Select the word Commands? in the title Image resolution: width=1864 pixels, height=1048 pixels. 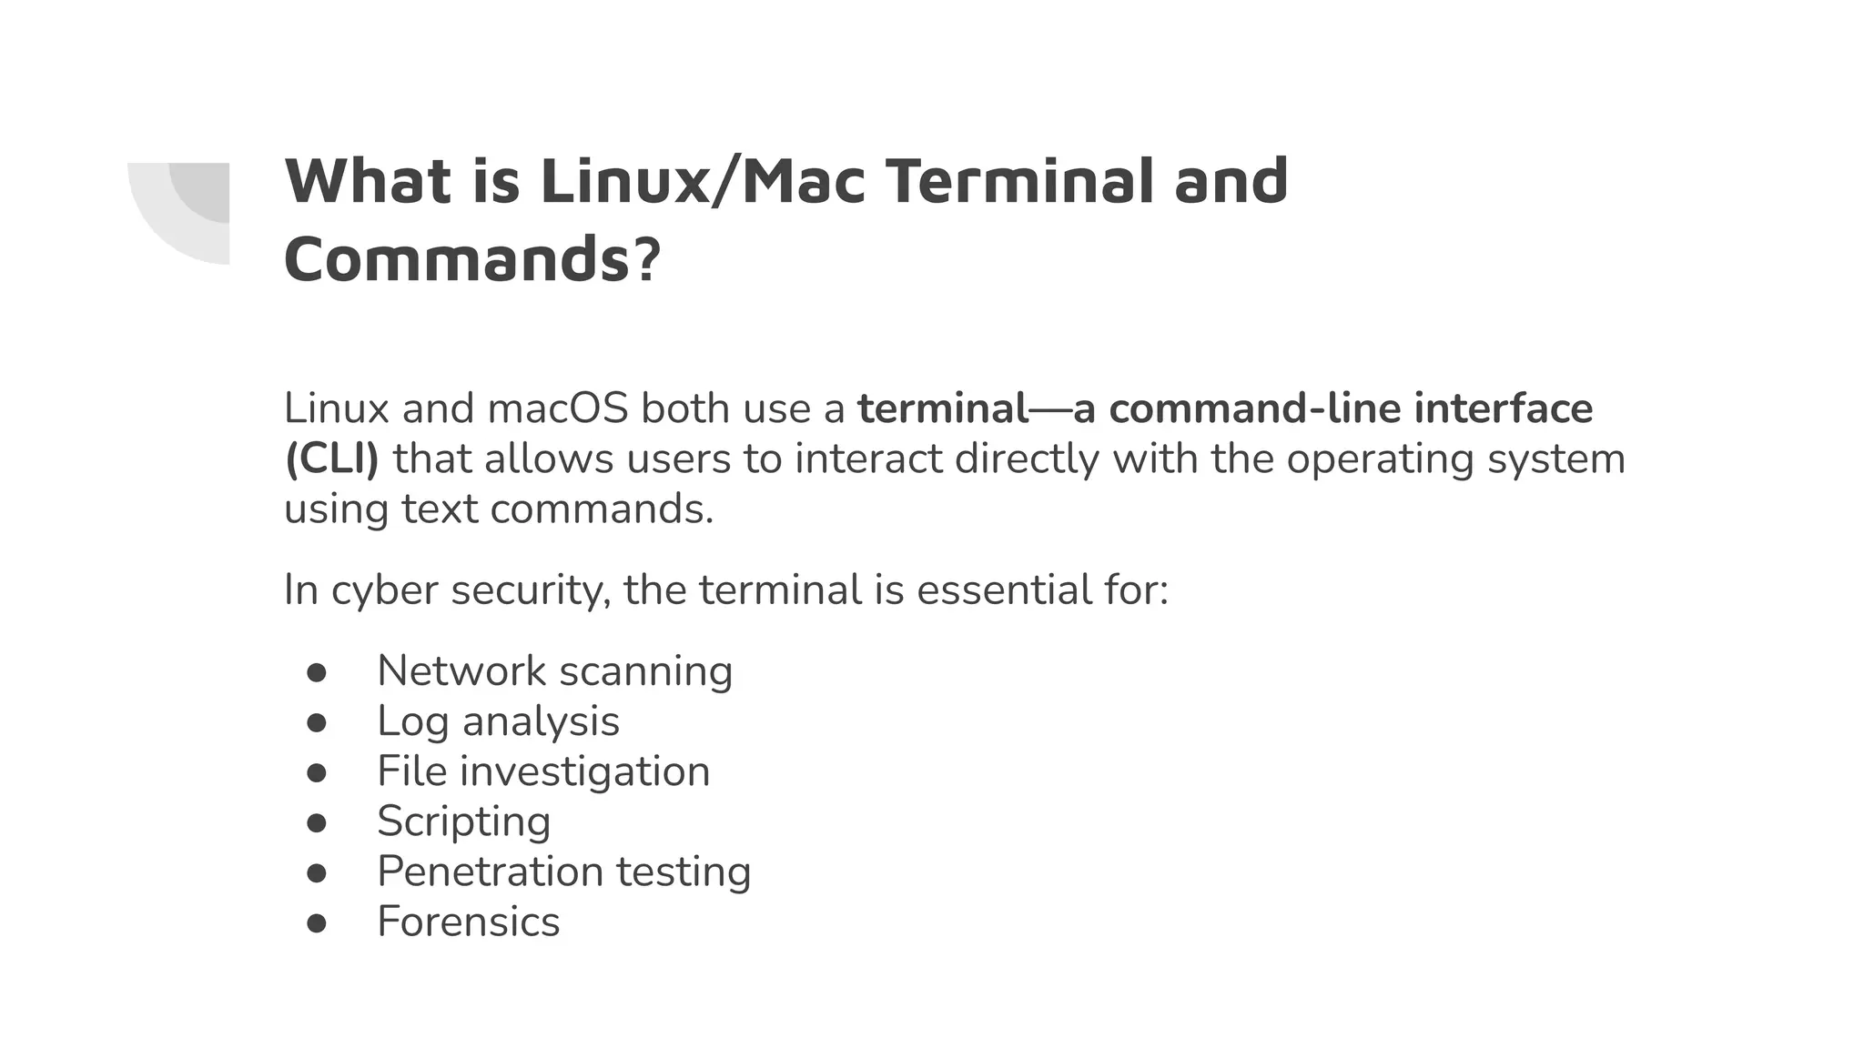pyautogui.click(x=471, y=259)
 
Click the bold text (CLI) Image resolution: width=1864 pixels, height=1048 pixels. pyautogui.click(x=331, y=458)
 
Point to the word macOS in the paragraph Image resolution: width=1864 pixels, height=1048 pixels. pyautogui.click(x=557, y=408)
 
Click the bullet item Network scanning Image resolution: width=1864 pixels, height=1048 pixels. pyautogui.click(x=554, y=671)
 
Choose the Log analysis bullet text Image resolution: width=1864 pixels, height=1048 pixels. pyautogui.click(x=498, y=721)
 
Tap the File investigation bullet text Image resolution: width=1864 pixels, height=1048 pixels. pyautogui.click(x=543, y=771)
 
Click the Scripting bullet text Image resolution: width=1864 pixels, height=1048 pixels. pyautogui.click(x=463, y=821)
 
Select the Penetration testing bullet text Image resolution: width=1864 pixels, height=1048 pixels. pyautogui.click(x=563, y=872)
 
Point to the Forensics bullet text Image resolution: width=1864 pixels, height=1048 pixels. pyautogui.click(x=468, y=922)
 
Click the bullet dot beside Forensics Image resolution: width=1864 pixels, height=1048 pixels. pyautogui.click(x=317, y=923)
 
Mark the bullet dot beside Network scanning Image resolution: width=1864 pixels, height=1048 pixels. pyautogui.click(x=317, y=673)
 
